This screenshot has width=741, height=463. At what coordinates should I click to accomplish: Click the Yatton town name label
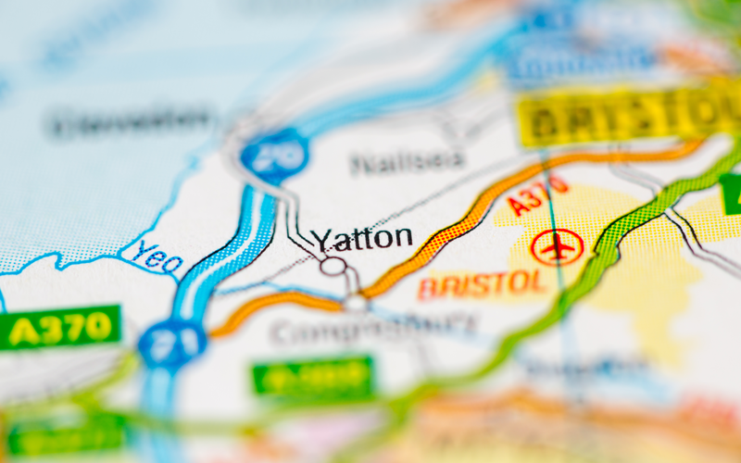pyautogui.click(x=362, y=239)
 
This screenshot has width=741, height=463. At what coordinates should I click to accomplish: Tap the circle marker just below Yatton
pyautogui.click(x=333, y=267)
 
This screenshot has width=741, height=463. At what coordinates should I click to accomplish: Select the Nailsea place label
pyautogui.click(x=408, y=161)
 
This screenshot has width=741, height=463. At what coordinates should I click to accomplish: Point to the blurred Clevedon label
pyautogui.click(x=131, y=120)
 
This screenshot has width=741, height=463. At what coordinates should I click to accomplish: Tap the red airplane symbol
pyautogui.click(x=557, y=247)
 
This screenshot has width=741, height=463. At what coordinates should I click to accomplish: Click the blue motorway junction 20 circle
pyautogui.click(x=275, y=155)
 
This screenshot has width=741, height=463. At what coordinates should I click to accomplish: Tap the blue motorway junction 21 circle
pyautogui.click(x=171, y=343)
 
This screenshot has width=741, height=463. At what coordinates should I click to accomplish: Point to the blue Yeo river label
pyautogui.click(x=157, y=256)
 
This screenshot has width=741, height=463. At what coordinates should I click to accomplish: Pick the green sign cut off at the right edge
pyautogui.click(x=732, y=194)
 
